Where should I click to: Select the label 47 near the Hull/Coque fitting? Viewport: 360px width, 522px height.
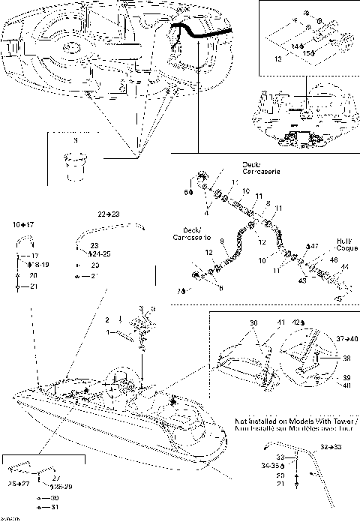(x=315, y=246)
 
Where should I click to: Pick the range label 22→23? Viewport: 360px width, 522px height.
(x=109, y=214)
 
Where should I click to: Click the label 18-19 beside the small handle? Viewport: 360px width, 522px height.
(x=37, y=265)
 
